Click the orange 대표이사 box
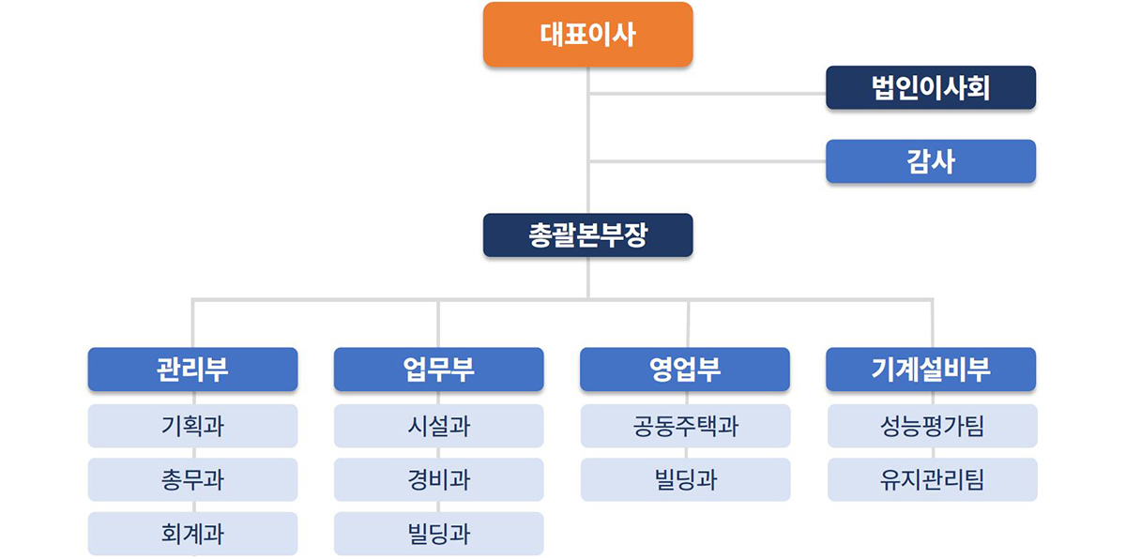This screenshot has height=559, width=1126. [587, 34]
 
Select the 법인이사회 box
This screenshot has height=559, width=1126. [931, 87]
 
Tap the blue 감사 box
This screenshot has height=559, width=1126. [931, 161]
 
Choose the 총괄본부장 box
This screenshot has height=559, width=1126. [587, 235]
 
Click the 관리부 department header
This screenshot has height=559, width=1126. [192, 370]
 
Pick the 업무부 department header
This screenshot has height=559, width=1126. [439, 370]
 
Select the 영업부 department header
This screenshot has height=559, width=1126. [685, 370]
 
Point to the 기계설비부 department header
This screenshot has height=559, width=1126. [931, 370]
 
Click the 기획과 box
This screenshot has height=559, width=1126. [192, 426]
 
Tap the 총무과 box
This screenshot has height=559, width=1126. [192, 479]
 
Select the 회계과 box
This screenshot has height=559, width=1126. [192, 534]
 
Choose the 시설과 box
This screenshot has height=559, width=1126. [439, 426]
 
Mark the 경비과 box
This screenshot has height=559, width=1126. [439, 479]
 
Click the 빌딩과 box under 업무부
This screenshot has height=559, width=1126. [439, 534]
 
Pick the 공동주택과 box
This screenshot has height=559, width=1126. [685, 426]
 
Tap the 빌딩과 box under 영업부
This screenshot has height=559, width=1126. [685, 479]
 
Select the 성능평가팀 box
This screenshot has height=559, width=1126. [933, 426]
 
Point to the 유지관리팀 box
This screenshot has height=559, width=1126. [933, 479]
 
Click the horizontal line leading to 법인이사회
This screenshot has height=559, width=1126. [708, 94]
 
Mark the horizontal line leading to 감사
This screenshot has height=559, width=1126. [708, 161]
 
